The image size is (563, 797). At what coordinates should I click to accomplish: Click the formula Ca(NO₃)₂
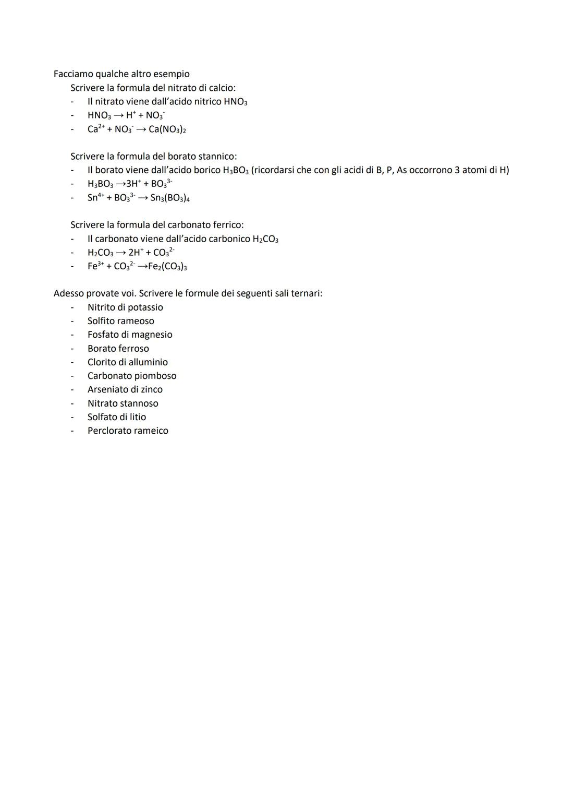click(167, 129)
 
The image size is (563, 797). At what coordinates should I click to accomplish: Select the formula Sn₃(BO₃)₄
click(170, 198)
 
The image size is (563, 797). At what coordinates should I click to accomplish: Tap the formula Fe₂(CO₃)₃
click(167, 266)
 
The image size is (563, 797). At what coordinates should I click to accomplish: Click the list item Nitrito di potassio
click(125, 307)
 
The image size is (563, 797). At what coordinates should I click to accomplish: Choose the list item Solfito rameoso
click(120, 321)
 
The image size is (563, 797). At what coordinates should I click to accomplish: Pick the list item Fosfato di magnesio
click(130, 335)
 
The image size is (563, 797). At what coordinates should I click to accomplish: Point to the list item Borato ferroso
click(118, 349)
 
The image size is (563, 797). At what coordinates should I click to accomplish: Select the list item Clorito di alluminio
click(128, 362)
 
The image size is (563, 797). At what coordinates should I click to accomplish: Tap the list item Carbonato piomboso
click(132, 376)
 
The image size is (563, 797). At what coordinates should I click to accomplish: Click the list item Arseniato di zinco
click(125, 389)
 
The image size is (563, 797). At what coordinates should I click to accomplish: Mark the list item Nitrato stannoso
click(123, 403)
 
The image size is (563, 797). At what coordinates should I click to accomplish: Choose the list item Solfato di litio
click(117, 417)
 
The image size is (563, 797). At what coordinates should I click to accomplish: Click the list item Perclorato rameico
click(128, 431)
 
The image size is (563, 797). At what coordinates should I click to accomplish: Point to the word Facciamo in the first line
click(73, 74)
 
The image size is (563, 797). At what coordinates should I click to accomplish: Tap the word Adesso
click(69, 293)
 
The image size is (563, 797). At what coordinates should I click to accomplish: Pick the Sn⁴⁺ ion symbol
click(95, 197)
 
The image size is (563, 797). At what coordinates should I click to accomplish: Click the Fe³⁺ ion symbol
click(95, 266)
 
